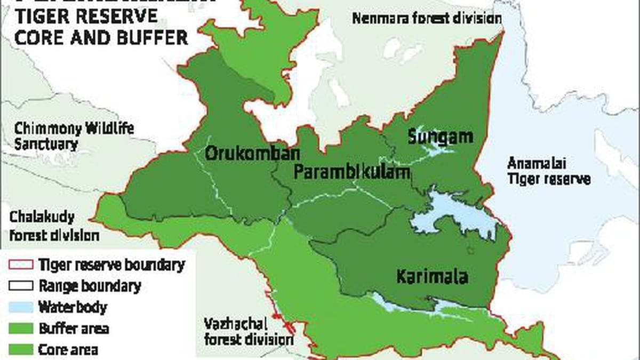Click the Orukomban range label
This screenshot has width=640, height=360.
click(245, 153)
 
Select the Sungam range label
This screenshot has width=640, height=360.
click(440, 137)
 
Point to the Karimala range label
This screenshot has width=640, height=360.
click(432, 277)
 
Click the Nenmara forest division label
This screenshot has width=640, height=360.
click(427, 19)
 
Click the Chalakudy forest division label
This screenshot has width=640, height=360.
click(53, 226)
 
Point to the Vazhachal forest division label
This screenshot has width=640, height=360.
click(249, 331)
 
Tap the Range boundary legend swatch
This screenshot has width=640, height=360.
click(21, 286)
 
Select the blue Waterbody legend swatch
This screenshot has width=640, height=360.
click(21, 308)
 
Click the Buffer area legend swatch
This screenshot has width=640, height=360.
click(21, 329)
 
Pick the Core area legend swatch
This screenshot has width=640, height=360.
click(21, 349)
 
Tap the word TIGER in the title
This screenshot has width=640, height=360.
click(45, 16)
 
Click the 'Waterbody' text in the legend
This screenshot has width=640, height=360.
click(73, 308)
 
